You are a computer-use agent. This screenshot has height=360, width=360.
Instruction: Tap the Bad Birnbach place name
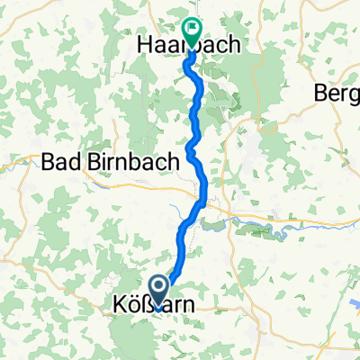(98, 163)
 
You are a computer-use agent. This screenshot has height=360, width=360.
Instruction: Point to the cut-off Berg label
(337, 93)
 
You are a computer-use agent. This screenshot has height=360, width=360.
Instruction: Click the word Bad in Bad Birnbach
(58, 163)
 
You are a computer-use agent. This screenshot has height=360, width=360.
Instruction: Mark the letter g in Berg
(354, 94)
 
